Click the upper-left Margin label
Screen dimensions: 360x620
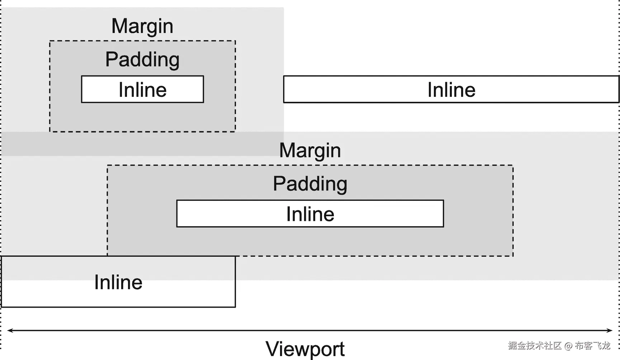click(x=142, y=26)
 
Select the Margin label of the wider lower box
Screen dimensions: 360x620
click(x=310, y=150)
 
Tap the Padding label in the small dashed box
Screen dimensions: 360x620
click(x=142, y=60)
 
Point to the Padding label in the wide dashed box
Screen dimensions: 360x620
click(x=310, y=184)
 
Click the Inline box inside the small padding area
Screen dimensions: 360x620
click(x=142, y=89)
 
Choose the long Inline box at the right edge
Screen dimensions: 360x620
click(x=451, y=89)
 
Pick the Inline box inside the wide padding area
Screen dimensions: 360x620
click(x=310, y=214)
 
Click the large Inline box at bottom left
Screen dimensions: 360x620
click(x=118, y=282)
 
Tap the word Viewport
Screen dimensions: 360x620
click(x=305, y=349)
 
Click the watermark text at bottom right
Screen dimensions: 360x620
click(x=559, y=346)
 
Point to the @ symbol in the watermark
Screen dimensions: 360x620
click(x=568, y=346)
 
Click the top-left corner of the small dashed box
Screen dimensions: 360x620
click(x=50, y=41)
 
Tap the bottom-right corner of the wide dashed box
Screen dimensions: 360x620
click(x=513, y=256)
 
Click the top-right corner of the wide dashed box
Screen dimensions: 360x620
click(x=513, y=165)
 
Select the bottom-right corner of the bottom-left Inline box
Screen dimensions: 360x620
click(x=235, y=307)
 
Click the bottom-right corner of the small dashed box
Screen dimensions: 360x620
click(x=235, y=132)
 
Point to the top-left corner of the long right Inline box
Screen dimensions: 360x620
click(x=284, y=76)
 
